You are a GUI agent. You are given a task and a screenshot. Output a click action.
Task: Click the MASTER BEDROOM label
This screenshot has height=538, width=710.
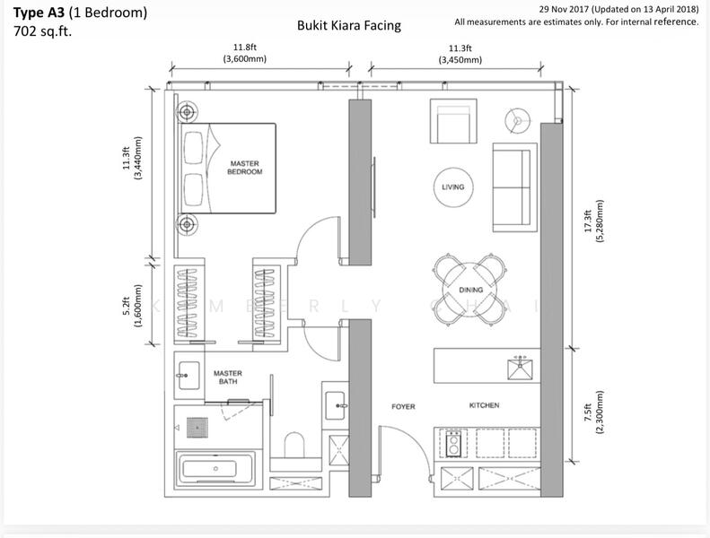[244, 168]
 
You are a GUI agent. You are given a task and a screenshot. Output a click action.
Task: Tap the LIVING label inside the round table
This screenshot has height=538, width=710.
[452, 187]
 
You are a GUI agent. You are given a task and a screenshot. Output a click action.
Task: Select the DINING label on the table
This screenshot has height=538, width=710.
[471, 290]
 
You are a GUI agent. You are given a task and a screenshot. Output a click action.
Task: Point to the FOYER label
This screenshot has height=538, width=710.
[403, 406]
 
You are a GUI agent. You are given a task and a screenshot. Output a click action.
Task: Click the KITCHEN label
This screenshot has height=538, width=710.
[484, 405]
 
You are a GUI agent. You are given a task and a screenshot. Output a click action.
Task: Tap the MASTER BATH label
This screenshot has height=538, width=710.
[228, 377]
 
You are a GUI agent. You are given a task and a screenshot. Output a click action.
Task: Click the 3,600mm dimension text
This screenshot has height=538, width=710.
[244, 59]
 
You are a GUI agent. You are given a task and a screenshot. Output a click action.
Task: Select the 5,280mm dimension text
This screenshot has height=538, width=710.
[600, 221]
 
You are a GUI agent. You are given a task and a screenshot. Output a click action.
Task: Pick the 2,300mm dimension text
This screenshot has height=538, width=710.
[600, 412]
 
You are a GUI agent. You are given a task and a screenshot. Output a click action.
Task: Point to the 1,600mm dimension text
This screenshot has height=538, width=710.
[138, 306]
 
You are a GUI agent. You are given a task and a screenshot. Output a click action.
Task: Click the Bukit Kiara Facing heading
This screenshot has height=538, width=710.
[348, 25]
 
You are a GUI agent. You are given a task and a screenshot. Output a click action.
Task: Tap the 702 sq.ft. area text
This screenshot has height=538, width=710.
[43, 31]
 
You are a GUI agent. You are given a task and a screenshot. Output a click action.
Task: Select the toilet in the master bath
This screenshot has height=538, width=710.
[294, 446]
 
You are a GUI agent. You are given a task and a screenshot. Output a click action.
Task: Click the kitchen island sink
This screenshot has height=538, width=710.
[520, 369]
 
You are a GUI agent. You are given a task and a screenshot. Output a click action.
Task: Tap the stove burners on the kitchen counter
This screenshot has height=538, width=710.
[453, 444]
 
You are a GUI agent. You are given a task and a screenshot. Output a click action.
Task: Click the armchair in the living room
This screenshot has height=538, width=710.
[453, 121]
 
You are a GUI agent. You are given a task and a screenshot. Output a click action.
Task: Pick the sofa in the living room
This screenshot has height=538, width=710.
[515, 187]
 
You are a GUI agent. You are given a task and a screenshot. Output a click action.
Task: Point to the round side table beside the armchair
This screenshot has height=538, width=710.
[517, 120]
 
